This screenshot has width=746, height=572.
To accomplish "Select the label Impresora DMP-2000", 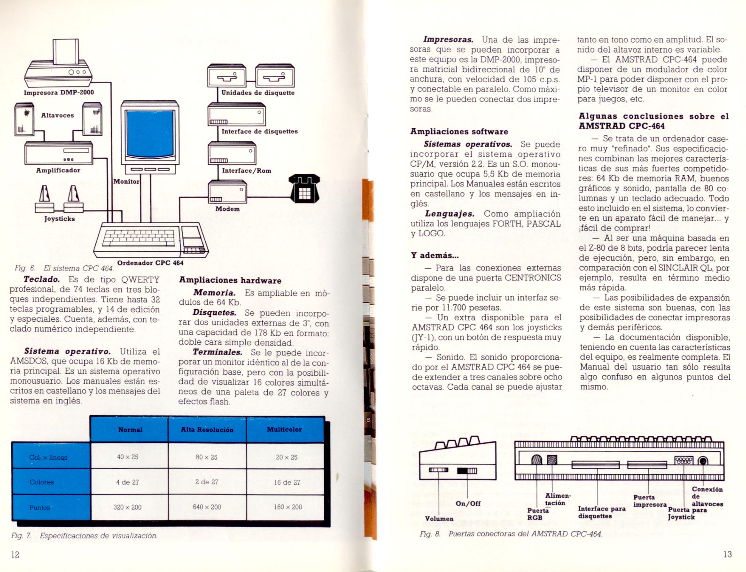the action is tap(59, 93).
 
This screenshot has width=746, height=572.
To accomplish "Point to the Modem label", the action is tap(227, 209).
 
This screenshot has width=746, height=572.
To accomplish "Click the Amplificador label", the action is tap(58, 170).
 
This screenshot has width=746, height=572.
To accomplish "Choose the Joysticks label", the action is tap(59, 218).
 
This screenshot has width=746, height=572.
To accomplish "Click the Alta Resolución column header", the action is tap(207, 430).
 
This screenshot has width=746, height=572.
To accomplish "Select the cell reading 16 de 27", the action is tap(287, 482).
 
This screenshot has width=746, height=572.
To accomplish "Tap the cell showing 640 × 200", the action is tap(207, 507).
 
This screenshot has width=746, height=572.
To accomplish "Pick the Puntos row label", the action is tap(40, 508).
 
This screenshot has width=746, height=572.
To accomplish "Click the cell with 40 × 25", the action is tap(127, 457).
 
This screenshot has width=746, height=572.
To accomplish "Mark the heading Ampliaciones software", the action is tap(459, 131).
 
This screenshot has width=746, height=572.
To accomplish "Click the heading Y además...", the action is tap(435, 255).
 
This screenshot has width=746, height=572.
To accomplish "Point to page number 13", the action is tap(728, 554).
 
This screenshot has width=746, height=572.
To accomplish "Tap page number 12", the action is tap(15, 555).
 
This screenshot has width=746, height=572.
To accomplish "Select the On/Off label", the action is tap(468, 503).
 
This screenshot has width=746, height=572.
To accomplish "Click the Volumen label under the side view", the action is tap(439, 518).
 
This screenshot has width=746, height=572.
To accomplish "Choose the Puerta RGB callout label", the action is tap(537, 514).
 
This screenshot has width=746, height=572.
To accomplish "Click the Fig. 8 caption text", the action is tap(511, 534).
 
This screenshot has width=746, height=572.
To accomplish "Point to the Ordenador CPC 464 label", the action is tap(150, 263).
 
